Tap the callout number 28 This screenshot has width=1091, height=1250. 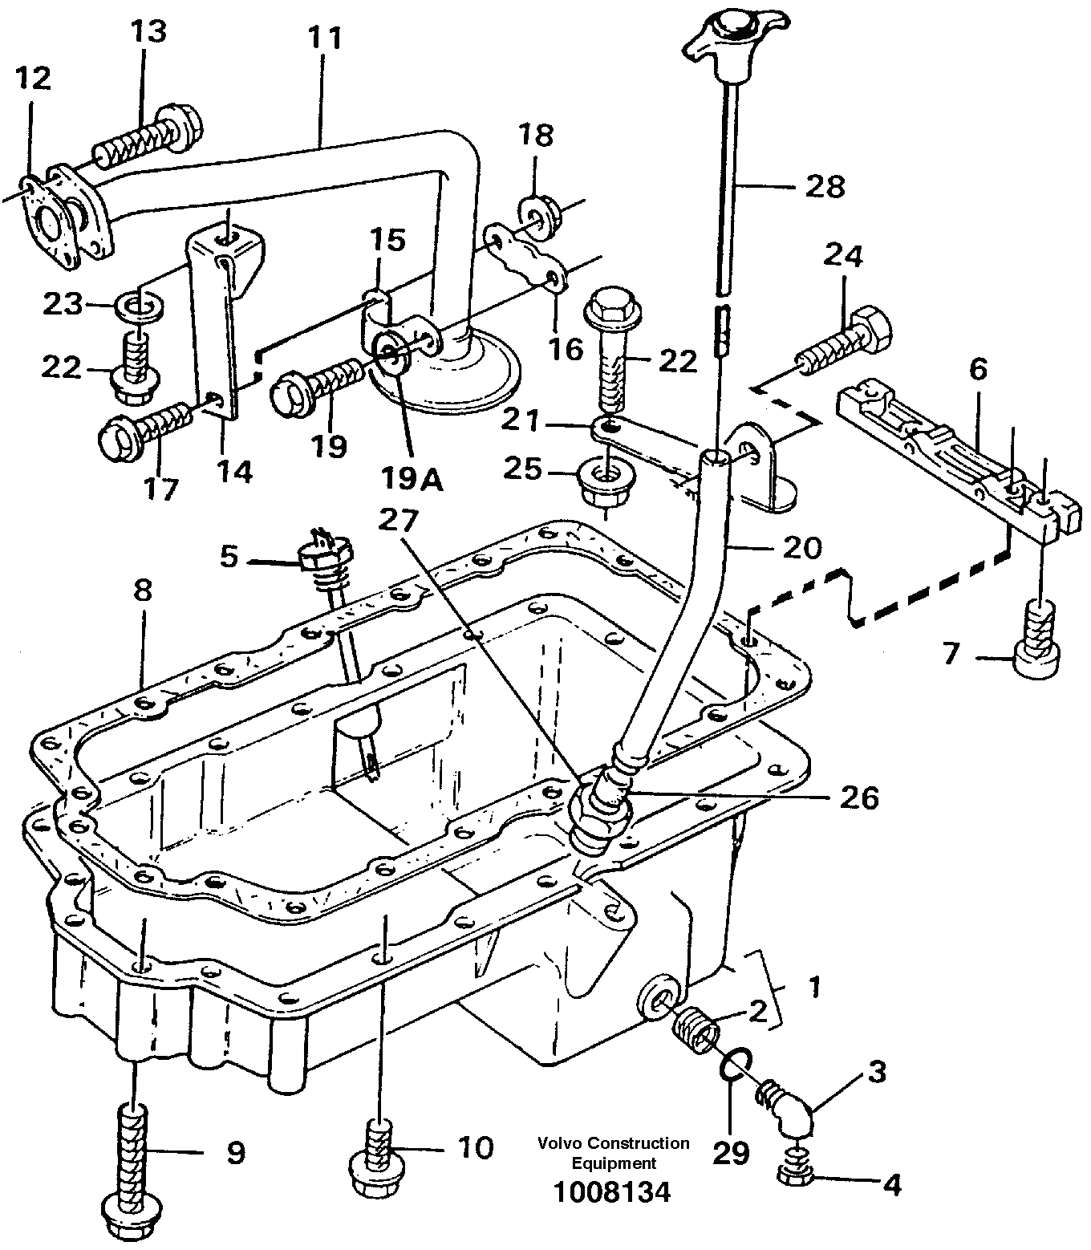[825, 186]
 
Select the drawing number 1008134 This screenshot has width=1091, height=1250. [610, 1192]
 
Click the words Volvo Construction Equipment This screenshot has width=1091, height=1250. [614, 1152]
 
